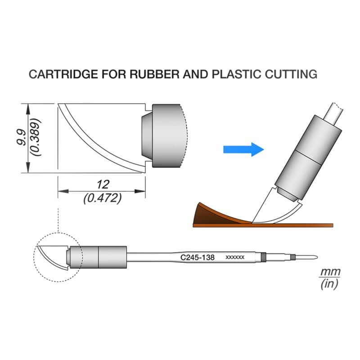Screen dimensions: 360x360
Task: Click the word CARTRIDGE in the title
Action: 63,74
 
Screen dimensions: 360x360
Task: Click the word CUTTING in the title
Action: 291,74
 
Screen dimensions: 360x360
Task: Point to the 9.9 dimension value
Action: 21,137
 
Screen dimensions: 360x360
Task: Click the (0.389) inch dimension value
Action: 36,137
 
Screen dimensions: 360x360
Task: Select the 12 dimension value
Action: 103,184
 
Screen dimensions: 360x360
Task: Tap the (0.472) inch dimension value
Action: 103,198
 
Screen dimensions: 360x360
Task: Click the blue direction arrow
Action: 243,149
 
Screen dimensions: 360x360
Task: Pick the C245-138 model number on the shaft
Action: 198,257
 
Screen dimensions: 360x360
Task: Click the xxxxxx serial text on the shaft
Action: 235,257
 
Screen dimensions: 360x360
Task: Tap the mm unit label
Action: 330,272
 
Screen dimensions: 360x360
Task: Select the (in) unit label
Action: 329,284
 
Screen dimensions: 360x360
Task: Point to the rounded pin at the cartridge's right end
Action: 306,257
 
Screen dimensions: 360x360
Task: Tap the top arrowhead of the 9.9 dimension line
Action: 28,109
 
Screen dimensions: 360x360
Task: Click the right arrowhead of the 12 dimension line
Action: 140,191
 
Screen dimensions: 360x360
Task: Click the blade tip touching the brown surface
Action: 252,222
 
